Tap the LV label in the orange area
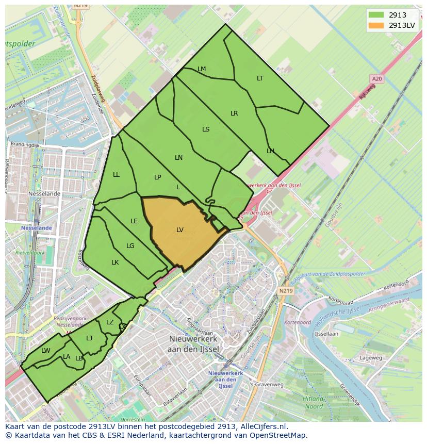(x=180, y=230)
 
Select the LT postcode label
(x=260, y=78)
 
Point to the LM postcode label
(x=202, y=69)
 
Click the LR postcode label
(x=234, y=113)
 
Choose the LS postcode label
(x=206, y=129)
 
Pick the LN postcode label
(x=178, y=158)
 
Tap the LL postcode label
(x=116, y=175)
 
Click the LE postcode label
(x=134, y=221)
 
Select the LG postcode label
(x=130, y=246)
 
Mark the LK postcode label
(x=115, y=262)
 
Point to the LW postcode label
(x=46, y=351)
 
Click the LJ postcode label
(x=89, y=338)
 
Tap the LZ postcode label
(x=110, y=322)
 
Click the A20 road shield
(x=377, y=78)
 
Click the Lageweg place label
(x=371, y=357)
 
